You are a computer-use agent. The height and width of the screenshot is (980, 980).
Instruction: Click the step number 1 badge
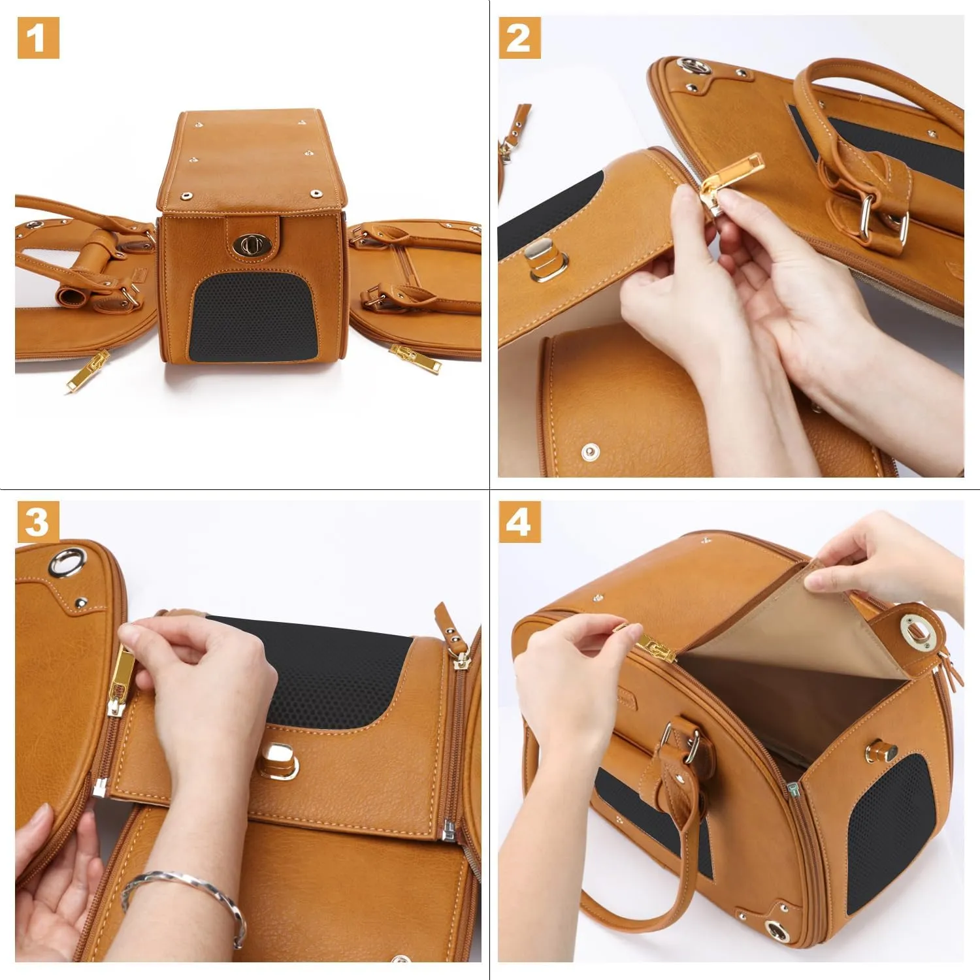tap(37, 38)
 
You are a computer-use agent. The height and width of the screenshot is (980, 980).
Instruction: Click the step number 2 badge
tap(519, 38)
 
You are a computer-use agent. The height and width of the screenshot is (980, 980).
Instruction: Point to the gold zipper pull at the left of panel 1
tap(88, 370)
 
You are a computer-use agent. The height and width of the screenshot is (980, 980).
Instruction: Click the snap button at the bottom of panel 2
tap(590, 451)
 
